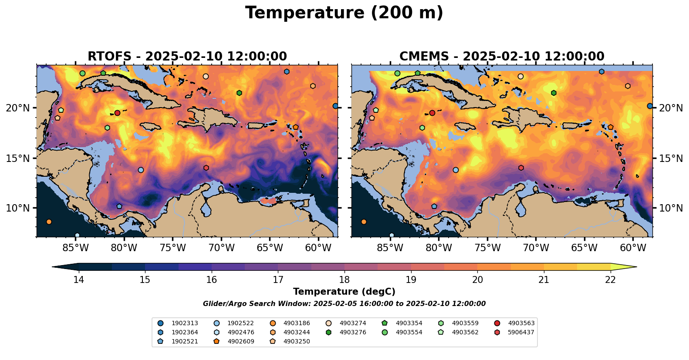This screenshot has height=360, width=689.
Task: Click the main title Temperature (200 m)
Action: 344,13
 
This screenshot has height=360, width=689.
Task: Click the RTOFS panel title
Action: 187,57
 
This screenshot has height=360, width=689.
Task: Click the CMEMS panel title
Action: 502,57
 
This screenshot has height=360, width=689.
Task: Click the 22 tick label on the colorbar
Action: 610,279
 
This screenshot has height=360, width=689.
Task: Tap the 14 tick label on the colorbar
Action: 78,279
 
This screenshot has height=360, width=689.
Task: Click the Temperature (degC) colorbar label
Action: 344,292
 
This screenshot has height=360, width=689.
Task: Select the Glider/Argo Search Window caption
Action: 344,304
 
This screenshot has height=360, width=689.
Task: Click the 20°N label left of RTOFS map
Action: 18,108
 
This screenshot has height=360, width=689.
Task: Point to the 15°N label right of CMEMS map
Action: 671,158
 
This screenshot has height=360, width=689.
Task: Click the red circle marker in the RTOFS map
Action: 117,113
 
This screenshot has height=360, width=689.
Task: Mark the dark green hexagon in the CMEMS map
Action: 554,93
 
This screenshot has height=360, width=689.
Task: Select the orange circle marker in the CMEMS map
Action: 364,222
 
